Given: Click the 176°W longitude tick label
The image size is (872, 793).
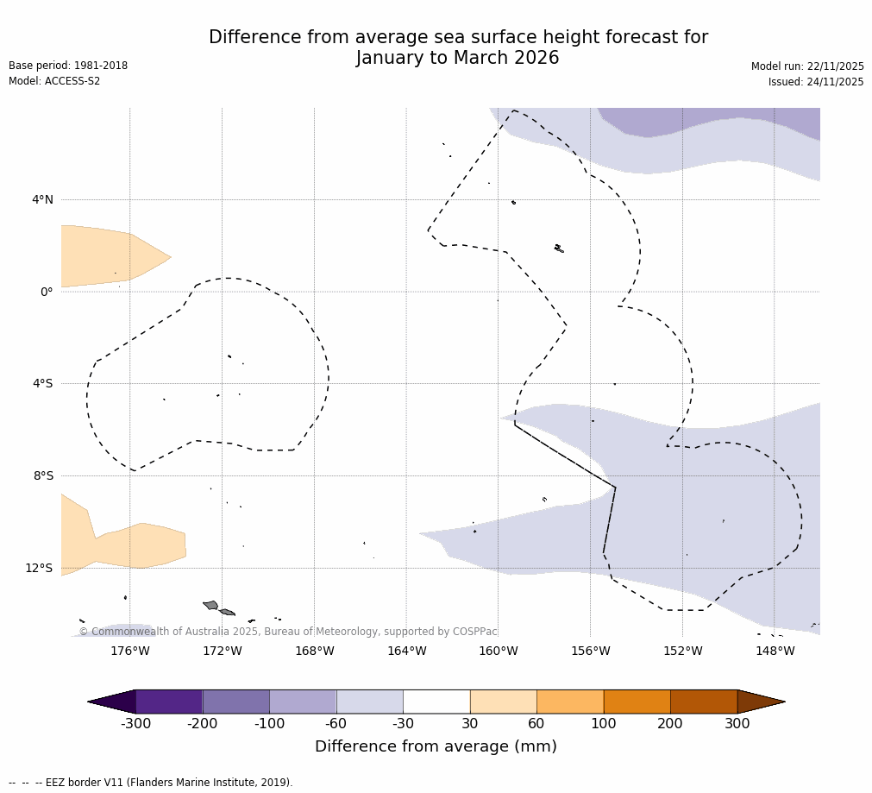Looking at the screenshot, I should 129,651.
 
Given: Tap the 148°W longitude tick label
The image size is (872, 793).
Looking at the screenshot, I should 775,651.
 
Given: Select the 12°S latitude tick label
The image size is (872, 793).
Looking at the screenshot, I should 39,568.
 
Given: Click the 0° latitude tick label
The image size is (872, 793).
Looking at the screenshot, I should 47,292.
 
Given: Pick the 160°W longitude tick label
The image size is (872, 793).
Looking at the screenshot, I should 498,651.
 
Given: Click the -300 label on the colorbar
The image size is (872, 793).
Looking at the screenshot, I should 135,723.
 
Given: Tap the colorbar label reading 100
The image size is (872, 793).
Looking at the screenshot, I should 604,723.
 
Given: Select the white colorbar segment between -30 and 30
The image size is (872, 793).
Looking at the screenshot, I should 436,702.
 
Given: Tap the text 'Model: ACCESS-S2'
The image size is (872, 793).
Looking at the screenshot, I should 54,81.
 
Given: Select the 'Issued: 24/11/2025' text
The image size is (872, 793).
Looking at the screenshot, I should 816,82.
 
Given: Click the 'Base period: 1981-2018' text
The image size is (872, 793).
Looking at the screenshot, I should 68,66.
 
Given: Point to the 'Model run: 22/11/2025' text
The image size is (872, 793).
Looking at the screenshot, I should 807,66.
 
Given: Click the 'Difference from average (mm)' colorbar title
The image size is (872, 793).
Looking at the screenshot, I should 436,746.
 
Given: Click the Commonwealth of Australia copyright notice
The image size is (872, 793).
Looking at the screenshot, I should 288,632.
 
